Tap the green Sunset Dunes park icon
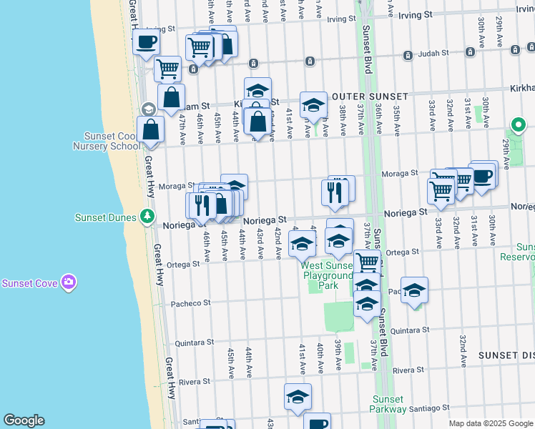point(147,215)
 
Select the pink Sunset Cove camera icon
point(69,282)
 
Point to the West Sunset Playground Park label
point(328,275)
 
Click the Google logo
point(24,420)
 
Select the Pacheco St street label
point(190,303)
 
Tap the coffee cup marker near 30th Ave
point(484,175)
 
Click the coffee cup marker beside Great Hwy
point(147,42)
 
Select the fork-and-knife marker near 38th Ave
point(334,192)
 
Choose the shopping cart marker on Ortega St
point(367,262)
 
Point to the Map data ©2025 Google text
point(491,423)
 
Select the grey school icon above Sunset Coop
point(148,109)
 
